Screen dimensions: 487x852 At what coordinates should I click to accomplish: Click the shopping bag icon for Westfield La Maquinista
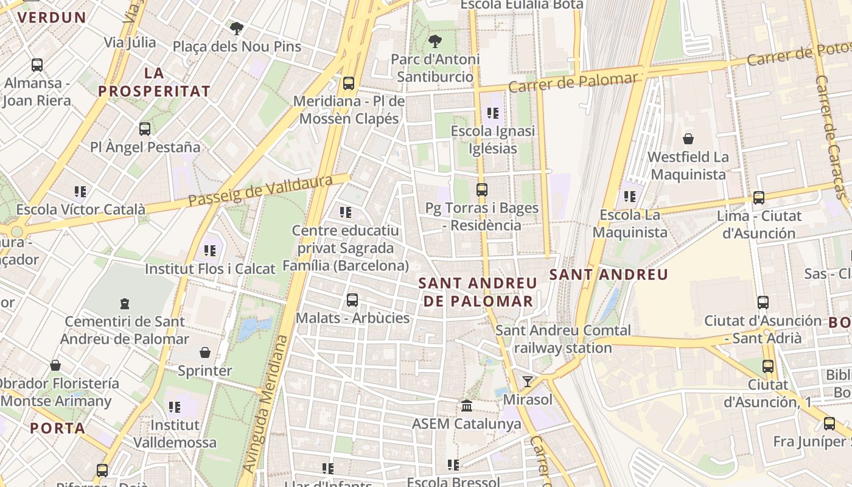pyautogui.click(x=688, y=139)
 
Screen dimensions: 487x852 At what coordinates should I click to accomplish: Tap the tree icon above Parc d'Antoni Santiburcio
pyautogui.click(x=435, y=41)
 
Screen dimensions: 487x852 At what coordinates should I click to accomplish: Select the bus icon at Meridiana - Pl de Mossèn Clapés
pyautogui.click(x=349, y=83)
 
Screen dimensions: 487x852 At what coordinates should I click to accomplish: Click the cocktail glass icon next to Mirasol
pyautogui.click(x=528, y=382)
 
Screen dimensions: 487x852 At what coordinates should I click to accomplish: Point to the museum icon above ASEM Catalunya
pyautogui.click(x=467, y=405)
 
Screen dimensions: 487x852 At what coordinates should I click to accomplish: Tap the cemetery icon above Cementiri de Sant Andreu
pyautogui.click(x=125, y=303)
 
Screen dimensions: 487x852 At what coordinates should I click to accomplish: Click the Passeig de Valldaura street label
pyautogui.click(x=260, y=191)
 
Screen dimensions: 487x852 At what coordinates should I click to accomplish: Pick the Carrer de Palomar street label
pyautogui.click(x=573, y=82)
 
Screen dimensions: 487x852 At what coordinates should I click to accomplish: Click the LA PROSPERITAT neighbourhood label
pyautogui.click(x=154, y=83)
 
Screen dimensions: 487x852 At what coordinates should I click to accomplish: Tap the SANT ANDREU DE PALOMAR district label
pyautogui.click(x=478, y=292)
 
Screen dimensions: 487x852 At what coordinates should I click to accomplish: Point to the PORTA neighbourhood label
pyautogui.click(x=58, y=428)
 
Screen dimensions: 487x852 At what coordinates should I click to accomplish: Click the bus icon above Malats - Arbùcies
pyautogui.click(x=352, y=300)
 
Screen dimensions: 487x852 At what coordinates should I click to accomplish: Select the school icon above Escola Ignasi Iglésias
pyautogui.click(x=493, y=113)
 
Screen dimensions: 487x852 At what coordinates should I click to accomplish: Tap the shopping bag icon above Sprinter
pyautogui.click(x=205, y=352)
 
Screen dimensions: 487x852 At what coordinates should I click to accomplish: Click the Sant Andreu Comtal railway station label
pyautogui.click(x=563, y=339)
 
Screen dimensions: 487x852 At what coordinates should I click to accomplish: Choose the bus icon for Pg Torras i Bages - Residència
pyautogui.click(x=482, y=190)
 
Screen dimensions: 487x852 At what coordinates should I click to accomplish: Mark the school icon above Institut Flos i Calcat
pyautogui.click(x=210, y=250)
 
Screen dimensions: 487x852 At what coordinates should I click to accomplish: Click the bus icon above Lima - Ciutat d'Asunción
pyautogui.click(x=759, y=198)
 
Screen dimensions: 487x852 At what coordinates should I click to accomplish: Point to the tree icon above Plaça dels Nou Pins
pyautogui.click(x=237, y=28)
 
